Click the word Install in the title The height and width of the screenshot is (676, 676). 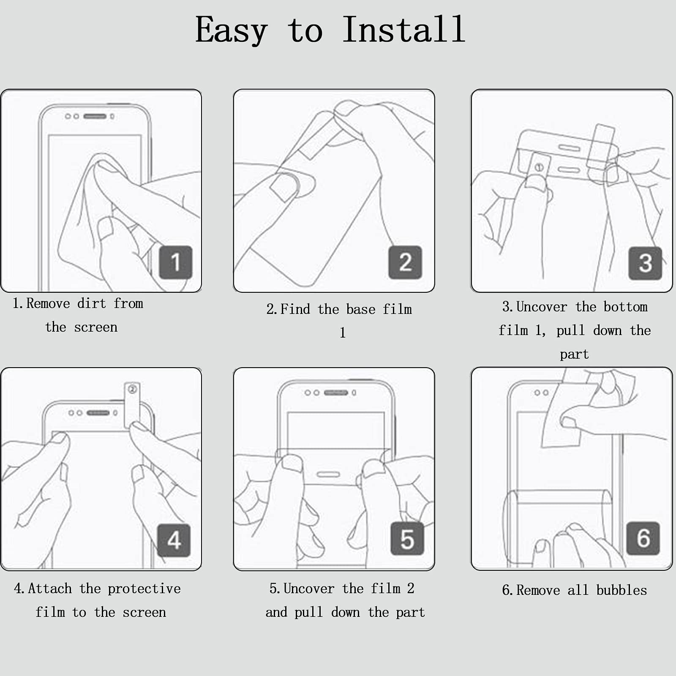pyautogui.click(x=403, y=30)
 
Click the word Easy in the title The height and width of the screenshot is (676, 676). pyautogui.click(x=231, y=30)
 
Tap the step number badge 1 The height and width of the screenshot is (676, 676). pyautogui.click(x=176, y=262)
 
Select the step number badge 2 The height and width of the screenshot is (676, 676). pyautogui.click(x=405, y=262)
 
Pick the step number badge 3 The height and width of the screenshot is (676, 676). pyautogui.click(x=645, y=263)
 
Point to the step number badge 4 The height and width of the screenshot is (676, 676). pyautogui.click(x=174, y=540)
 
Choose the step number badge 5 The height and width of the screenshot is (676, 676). pyautogui.click(x=407, y=539)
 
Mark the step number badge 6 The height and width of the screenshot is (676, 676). pyautogui.click(x=643, y=538)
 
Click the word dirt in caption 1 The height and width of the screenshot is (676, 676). pyautogui.click(x=92, y=303)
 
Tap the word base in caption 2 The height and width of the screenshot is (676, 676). pyautogui.click(x=360, y=309)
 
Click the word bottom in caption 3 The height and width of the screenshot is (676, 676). pyautogui.click(x=625, y=307)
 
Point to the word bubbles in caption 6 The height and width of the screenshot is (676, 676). pyautogui.click(x=621, y=590)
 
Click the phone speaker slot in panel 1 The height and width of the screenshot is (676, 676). pyautogui.click(x=95, y=116)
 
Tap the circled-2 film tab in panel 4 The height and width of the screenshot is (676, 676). pyautogui.click(x=132, y=406)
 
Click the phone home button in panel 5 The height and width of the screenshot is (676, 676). pyautogui.click(x=328, y=474)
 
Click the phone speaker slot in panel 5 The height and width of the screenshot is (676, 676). pyautogui.click(x=336, y=393)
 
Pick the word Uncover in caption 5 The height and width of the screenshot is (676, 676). pyautogui.click(x=309, y=589)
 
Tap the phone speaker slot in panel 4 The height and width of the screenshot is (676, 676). pyautogui.click(x=98, y=413)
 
